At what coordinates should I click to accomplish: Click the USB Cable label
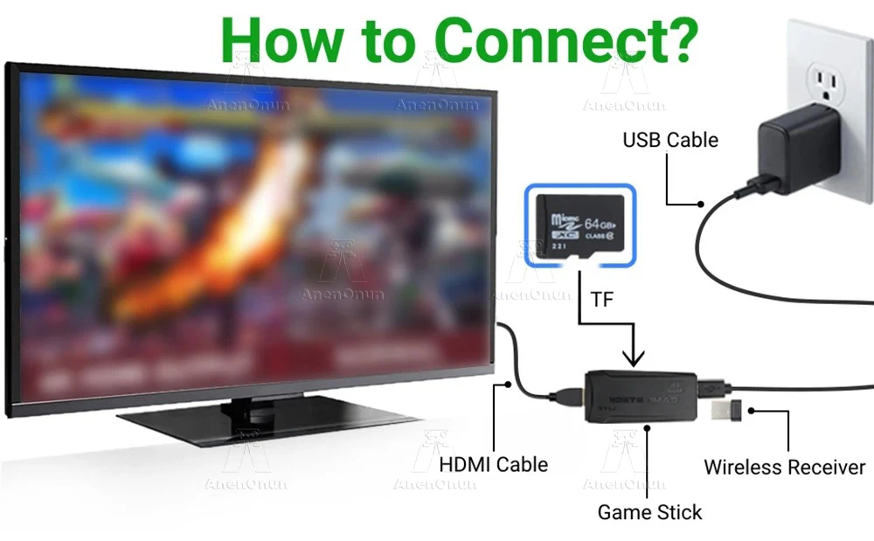pos(670,140)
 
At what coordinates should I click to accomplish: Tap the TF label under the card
pos(602,300)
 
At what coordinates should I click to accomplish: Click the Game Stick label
pos(649,512)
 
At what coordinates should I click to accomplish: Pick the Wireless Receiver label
pos(784,468)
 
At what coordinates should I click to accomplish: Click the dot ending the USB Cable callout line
pos(701,205)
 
